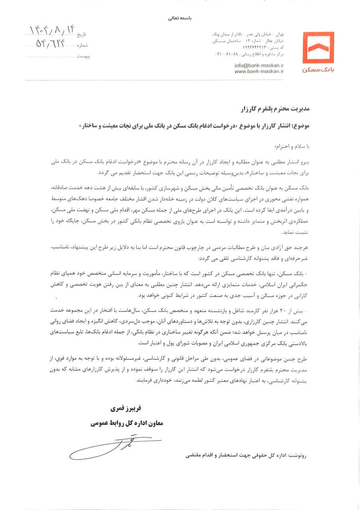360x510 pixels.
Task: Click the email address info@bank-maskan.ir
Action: pyautogui.click(x=259, y=65)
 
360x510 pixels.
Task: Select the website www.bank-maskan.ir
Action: pyautogui.click(x=259, y=71)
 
